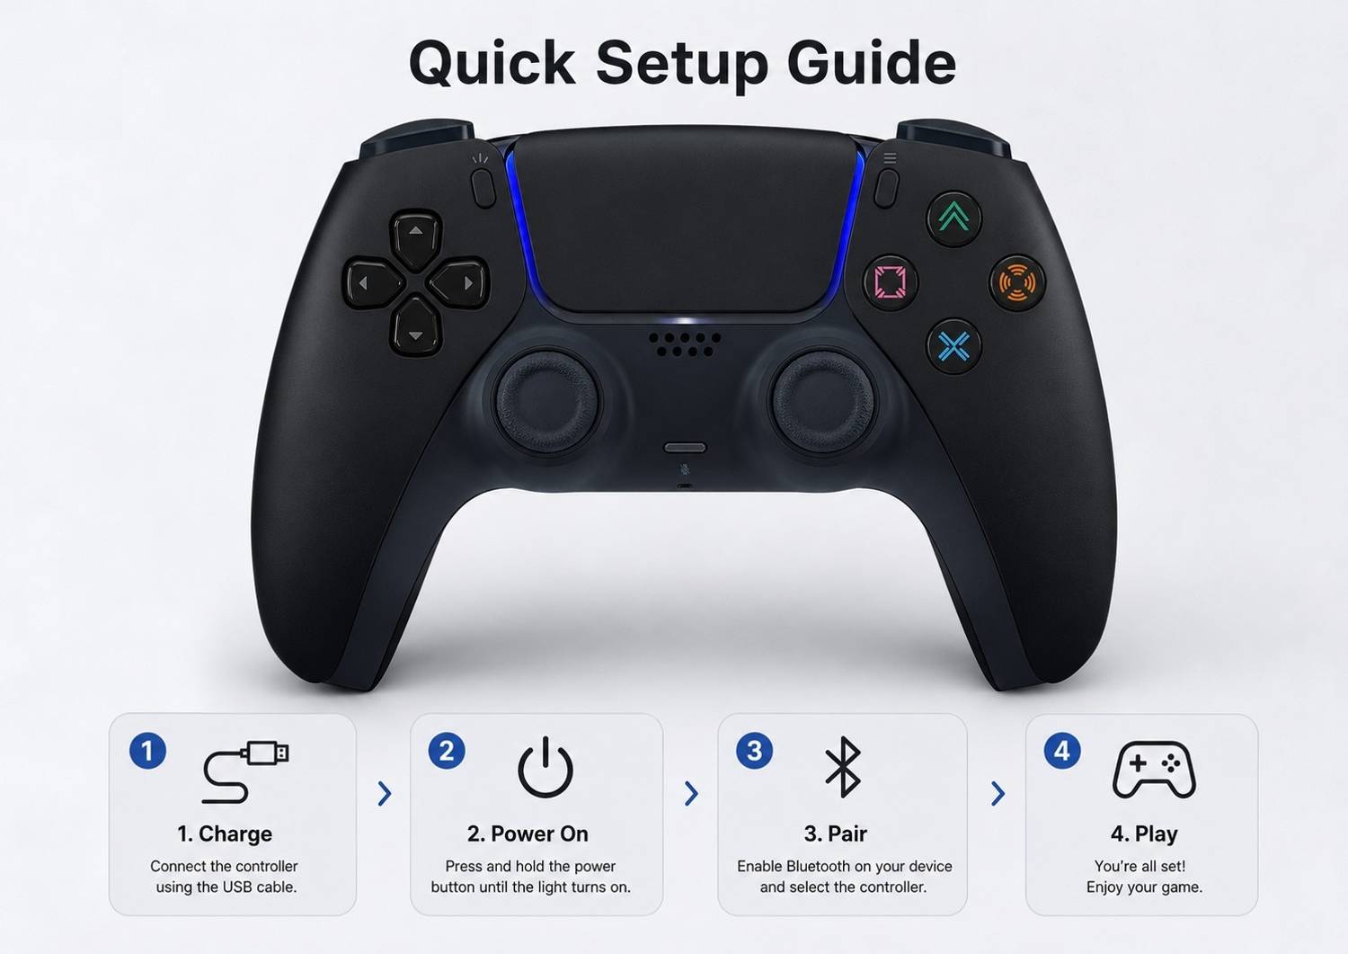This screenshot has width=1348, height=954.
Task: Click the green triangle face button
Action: pyautogui.click(x=953, y=218)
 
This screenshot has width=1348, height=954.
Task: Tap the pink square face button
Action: pyautogui.click(x=890, y=281)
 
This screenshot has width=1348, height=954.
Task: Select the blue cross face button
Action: pyautogui.click(x=953, y=346)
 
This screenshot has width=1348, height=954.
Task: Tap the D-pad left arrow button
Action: pyautogui.click(x=373, y=283)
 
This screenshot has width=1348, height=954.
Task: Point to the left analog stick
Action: pyautogui.click(x=546, y=402)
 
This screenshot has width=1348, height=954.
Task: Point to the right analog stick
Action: pyautogui.click(x=822, y=402)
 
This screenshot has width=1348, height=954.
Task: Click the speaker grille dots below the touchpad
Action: pyautogui.click(x=685, y=343)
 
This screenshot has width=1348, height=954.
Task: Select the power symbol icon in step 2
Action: pyautogui.click(x=545, y=767)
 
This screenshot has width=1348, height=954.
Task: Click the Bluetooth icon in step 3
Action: pyautogui.click(x=843, y=767)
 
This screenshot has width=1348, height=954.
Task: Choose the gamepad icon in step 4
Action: pyautogui.click(x=1154, y=770)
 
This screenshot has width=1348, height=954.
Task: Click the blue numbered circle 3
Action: pyautogui.click(x=755, y=751)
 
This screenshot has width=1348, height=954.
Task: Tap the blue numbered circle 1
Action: pyautogui.click(x=147, y=751)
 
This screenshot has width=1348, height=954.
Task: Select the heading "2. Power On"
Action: pyautogui.click(x=528, y=834)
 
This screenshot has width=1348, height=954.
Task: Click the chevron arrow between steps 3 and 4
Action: pyautogui.click(x=998, y=794)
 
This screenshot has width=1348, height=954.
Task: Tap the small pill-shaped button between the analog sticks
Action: pyautogui.click(x=684, y=448)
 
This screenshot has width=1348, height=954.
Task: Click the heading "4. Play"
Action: pyautogui.click(x=1144, y=834)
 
